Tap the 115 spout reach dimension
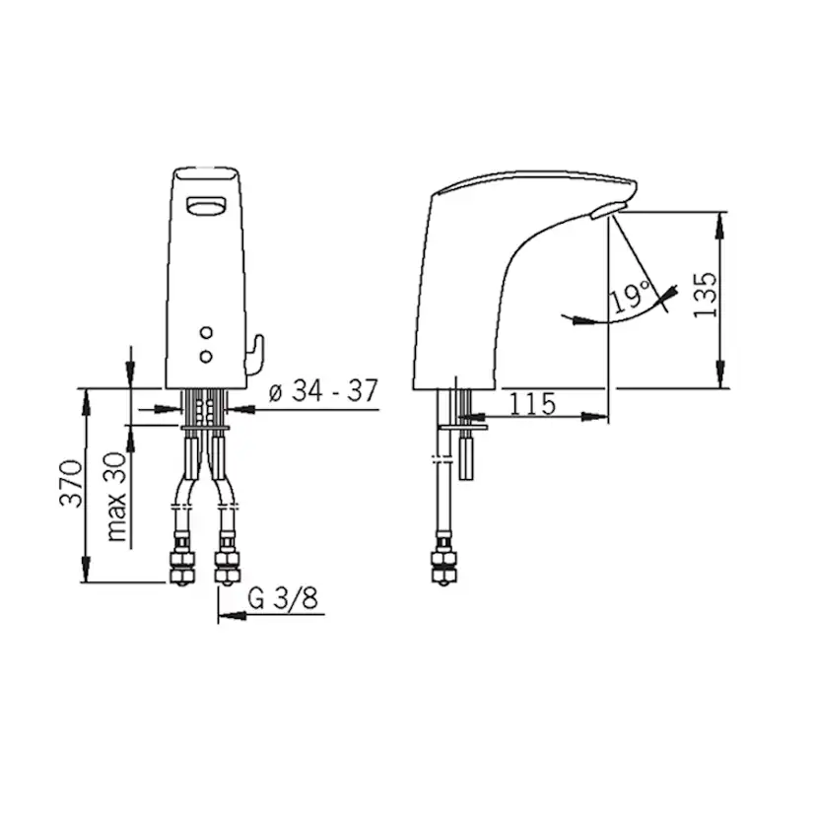532,403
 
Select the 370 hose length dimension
71,483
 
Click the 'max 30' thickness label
116,497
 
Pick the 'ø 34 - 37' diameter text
323,390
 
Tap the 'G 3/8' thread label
283,598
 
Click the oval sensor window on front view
207,206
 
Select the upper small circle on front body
207,332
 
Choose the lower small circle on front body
207,356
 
